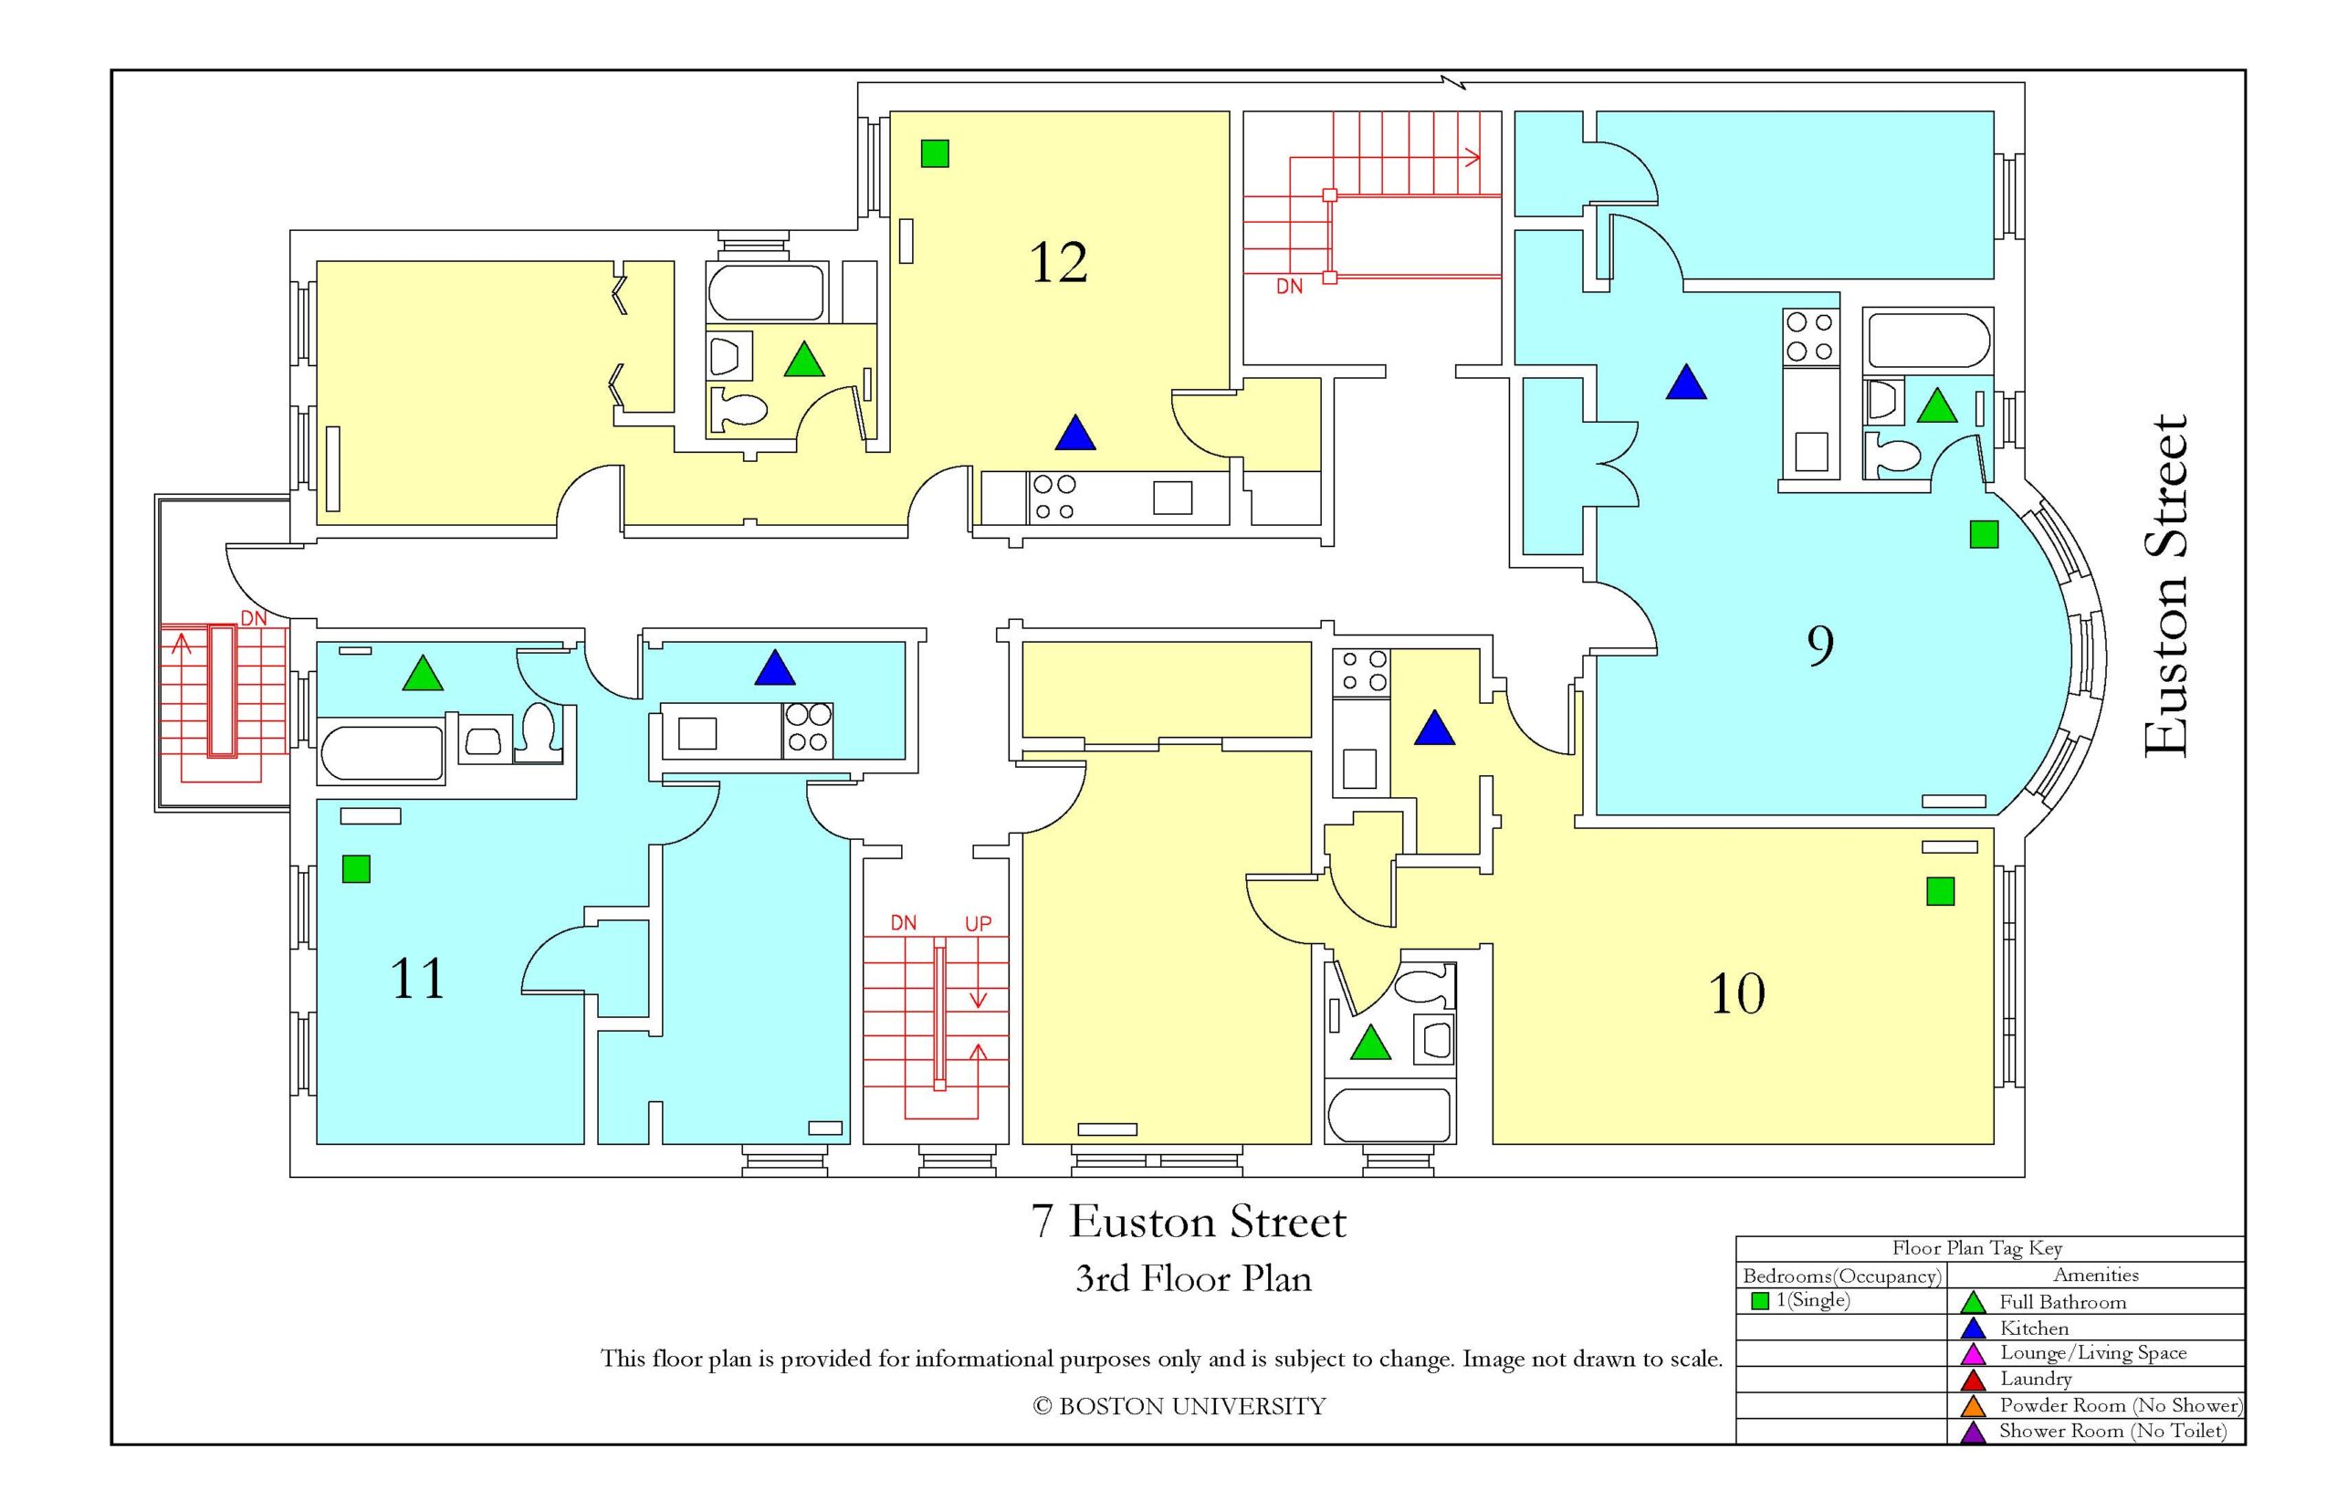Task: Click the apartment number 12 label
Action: (1057, 262)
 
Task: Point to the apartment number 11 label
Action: (417, 978)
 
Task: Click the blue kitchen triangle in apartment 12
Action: (1074, 434)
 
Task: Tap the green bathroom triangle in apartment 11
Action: (422, 674)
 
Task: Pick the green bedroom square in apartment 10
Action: (1940, 890)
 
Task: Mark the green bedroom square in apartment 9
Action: (1983, 534)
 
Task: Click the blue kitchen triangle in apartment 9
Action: (1685, 383)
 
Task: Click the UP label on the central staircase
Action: (978, 923)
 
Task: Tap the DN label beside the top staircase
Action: (1289, 287)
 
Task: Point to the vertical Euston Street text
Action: (2164, 586)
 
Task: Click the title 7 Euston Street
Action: (1188, 1222)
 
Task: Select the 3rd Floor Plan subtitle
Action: (1192, 1278)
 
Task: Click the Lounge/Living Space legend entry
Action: (2091, 1353)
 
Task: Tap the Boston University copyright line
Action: (1178, 1406)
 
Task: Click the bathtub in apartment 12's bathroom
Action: (766, 291)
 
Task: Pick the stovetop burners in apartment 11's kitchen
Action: (807, 729)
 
